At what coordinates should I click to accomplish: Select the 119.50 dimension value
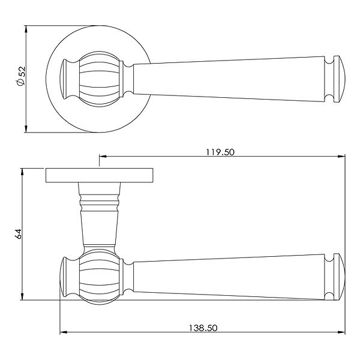click(x=220, y=152)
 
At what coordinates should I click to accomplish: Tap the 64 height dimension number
click(x=18, y=235)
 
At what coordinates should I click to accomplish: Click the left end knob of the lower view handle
click(x=65, y=277)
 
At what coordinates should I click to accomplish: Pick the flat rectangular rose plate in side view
click(x=99, y=175)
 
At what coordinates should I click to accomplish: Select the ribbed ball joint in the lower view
click(x=98, y=277)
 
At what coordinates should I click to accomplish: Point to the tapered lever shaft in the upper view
click(x=228, y=78)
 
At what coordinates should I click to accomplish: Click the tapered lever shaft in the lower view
click(x=228, y=277)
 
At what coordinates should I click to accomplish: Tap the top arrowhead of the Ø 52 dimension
click(x=26, y=29)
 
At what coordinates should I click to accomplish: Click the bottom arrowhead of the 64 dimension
click(x=23, y=298)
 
